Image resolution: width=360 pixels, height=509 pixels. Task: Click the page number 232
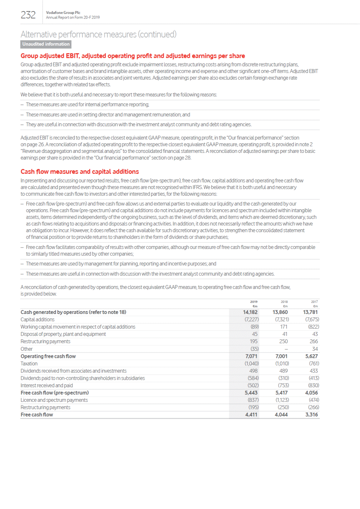(x=28, y=15)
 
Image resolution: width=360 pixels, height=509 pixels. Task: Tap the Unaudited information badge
(x=46, y=44)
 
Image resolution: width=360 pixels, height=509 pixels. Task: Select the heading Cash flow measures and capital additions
(x=80, y=172)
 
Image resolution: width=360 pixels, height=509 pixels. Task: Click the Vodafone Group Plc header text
(x=63, y=13)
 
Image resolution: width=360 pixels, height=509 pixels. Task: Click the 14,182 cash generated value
(x=250, y=312)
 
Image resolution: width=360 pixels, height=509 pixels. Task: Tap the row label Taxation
(x=29, y=364)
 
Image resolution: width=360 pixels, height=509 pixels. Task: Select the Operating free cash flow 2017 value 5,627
(x=311, y=356)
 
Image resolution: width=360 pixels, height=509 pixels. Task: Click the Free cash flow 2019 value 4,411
(x=251, y=415)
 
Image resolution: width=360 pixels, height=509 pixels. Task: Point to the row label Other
(x=26, y=349)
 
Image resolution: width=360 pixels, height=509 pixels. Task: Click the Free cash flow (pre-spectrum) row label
(x=55, y=393)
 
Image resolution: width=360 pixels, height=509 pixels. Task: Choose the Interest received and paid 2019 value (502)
(x=253, y=385)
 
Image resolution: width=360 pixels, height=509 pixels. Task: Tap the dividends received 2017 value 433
(x=314, y=371)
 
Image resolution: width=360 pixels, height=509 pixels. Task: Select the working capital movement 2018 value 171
(x=284, y=327)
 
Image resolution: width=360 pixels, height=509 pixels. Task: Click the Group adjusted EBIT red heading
(x=132, y=56)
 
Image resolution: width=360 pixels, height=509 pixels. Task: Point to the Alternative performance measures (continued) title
(x=99, y=34)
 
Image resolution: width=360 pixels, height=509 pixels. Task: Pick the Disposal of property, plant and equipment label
(x=63, y=334)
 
